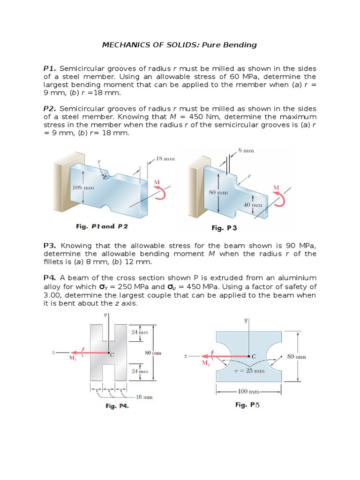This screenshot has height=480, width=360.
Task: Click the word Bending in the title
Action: click(x=240, y=45)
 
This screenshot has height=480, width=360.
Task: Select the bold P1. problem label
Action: click(x=50, y=68)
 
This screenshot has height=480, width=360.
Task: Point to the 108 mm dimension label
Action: click(x=83, y=187)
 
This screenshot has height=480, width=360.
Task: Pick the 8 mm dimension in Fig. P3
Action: click(x=246, y=150)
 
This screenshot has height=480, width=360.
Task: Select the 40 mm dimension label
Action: click(x=253, y=205)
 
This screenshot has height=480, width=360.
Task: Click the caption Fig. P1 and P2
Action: click(x=102, y=226)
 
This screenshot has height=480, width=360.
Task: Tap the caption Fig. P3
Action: click(x=224, y=228)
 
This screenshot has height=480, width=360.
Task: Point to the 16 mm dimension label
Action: click(x=144, y=397)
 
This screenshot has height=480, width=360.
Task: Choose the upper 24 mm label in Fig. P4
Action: click(x=140, y=332)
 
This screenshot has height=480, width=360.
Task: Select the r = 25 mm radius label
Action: click(x=249, y=371)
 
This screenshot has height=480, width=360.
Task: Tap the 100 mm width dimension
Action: click(x=248, y=391)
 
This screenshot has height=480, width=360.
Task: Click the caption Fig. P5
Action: click(x=247, y=405)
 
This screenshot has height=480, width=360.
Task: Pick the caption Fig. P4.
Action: click(x=117, y=406)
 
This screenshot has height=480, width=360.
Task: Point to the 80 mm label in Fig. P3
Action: click(x=218, y=192)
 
